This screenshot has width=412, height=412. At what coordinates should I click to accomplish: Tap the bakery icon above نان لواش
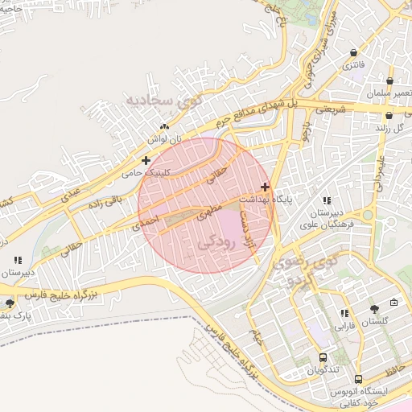tap(164, 126)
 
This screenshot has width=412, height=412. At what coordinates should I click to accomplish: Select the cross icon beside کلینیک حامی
tap(146, 160)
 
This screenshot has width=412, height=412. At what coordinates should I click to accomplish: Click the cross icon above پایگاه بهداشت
tap(266, 186)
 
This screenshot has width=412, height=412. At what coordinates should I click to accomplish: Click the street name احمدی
tap(148, 218)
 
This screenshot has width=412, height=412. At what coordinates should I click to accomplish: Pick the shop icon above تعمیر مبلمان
tap(389, 81)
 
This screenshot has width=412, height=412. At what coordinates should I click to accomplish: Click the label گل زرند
tap(389, 127)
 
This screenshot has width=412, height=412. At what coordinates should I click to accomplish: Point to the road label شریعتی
tap(331, 108)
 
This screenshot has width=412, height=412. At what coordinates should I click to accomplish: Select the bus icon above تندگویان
tap(323, 357)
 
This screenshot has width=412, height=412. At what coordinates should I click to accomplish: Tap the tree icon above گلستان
tap(374, 308)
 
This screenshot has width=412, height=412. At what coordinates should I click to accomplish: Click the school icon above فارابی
tap(344, 314)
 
